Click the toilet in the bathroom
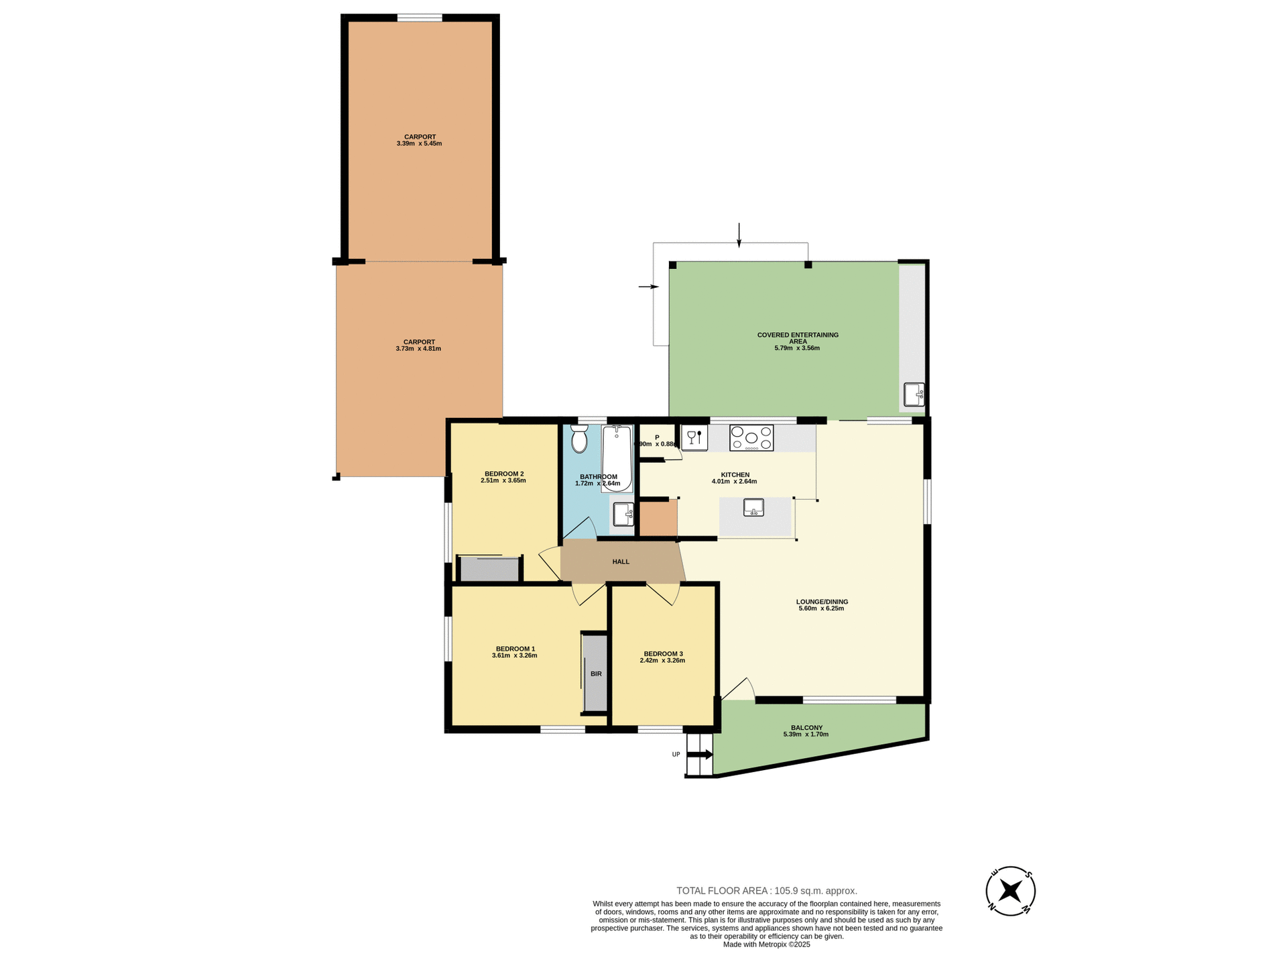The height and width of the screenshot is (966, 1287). (x=579, y=439)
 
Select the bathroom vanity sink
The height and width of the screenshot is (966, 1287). (x=623, y=515)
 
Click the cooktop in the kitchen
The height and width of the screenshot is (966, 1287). (x=751, y=438)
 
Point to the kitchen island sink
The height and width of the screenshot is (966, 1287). (x=754, y=508)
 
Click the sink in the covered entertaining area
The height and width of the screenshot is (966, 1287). (x=914, y=394)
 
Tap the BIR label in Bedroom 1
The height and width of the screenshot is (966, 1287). (x=596, y=674)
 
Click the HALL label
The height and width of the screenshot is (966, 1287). (x=621, y=561)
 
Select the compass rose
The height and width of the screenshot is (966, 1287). (x=1010, y=891)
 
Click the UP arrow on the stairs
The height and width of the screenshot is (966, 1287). (x=700, y=755)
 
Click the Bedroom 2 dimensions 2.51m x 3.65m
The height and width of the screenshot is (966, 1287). (x=503, y=481)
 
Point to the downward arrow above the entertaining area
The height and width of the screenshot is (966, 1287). (x=739, y=235)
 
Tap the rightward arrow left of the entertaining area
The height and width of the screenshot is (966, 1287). (x=649, y=287)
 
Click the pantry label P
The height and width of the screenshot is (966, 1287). (x=657, y=437)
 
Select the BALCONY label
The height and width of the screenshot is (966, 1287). (x=806, y=728)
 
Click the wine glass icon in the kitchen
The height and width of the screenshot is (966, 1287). (x=692, y=436)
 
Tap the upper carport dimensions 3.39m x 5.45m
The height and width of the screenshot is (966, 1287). (x=419, y=144)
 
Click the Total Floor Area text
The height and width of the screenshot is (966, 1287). (x=766, y=891)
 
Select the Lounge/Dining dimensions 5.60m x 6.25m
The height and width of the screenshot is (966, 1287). (x=821, y=608)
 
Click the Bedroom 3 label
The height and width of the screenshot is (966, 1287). (x=663, y=653)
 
